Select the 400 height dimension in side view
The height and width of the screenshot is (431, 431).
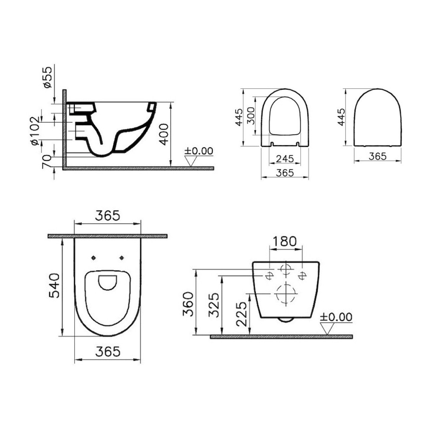pos(164,134)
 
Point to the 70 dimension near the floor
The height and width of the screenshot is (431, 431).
pos(47,161)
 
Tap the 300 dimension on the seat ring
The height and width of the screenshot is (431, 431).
pos(251,116)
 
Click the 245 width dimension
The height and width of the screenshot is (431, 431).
pos(285,159)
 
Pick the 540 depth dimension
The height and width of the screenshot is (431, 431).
pos(54,286)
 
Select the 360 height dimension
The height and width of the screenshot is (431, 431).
pos(188,304)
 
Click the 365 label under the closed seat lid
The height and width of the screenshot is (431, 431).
pos(378,156)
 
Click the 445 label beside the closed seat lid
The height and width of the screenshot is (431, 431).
pos(341,117)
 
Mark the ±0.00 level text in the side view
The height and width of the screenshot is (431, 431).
pos(199,151)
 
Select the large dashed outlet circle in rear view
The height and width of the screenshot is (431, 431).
pos(286,294)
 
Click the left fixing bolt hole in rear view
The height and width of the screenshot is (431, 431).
pos(269,275)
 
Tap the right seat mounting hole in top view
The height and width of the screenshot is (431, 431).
pos(122,257)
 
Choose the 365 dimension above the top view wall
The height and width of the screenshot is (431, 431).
pos(107,216)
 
